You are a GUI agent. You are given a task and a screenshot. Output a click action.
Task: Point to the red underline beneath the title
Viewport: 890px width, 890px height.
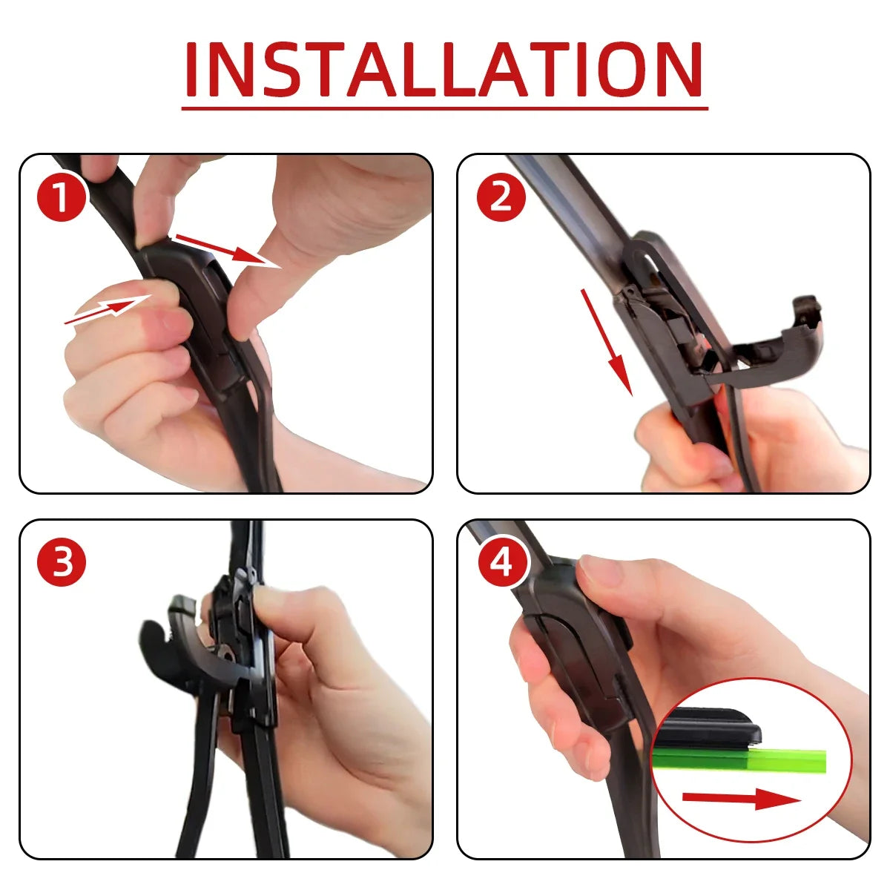pyautogui.click(x=445, y=108)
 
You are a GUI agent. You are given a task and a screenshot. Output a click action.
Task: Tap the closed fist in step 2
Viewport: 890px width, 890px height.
pyautogui.click(x=682, y=445)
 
